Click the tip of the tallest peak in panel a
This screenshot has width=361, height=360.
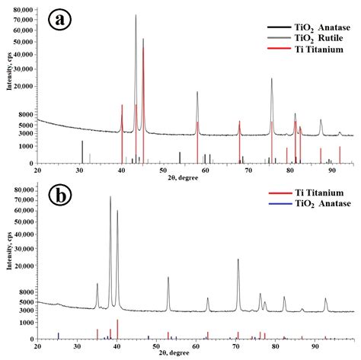click(x=136, y=14)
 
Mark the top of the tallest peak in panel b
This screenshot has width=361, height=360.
click(x=110, y=196)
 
